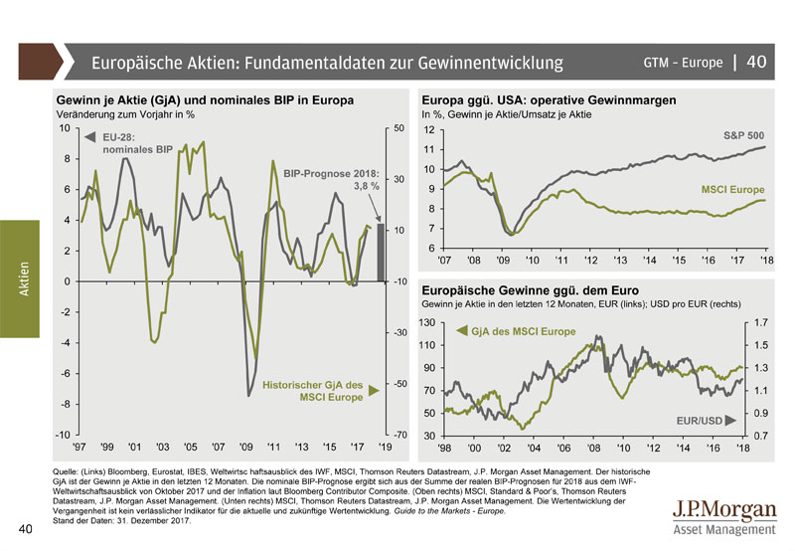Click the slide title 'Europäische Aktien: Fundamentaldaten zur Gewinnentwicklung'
327,63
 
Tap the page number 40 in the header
756,62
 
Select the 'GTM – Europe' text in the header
683,63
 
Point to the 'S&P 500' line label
743,134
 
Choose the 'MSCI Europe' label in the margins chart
733,188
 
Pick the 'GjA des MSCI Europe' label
523,330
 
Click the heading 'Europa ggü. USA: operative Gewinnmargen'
549,100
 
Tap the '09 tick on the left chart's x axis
246,449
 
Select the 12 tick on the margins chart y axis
429,130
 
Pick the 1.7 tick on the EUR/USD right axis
761,322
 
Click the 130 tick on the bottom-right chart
426,322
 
